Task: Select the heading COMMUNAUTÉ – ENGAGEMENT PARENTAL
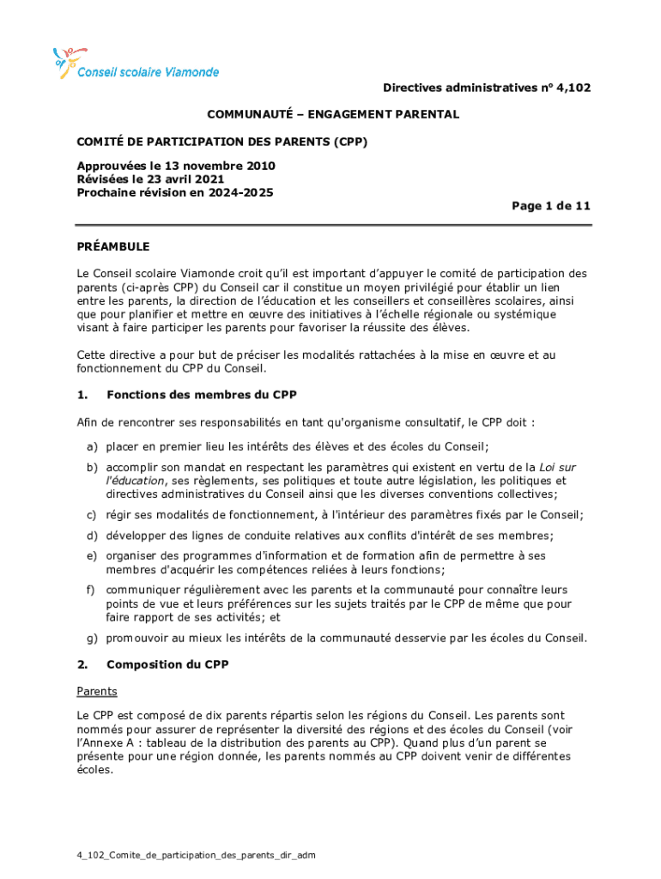point(332,114)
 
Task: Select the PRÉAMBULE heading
point(113,246)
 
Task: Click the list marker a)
point(90,446)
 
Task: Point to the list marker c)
point(90,515)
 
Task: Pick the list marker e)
point(90,556)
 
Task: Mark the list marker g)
point(90,638)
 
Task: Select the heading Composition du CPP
point(167,664)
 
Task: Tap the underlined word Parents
point(97,691)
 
